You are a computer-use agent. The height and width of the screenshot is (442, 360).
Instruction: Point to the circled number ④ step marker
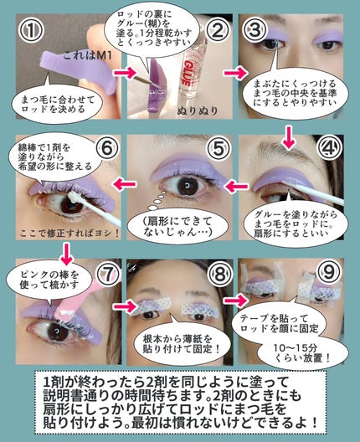coord(330,152)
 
